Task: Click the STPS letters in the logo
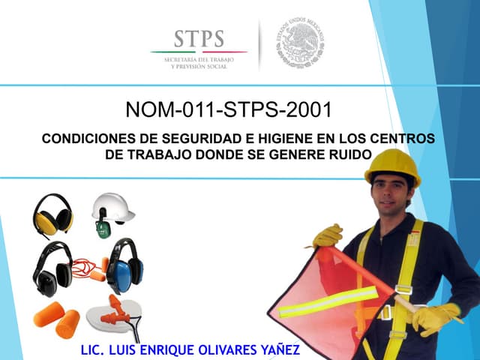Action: [x=199, y=38]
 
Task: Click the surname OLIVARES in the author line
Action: [x=223, y=349]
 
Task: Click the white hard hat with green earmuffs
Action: [x=111, y=211]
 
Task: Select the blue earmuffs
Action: [x=124, y=267]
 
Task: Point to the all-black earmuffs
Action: [x=52, y=269]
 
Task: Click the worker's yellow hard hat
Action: [x=392, y=164]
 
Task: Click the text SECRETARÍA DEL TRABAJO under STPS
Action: [x=199, y=59]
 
